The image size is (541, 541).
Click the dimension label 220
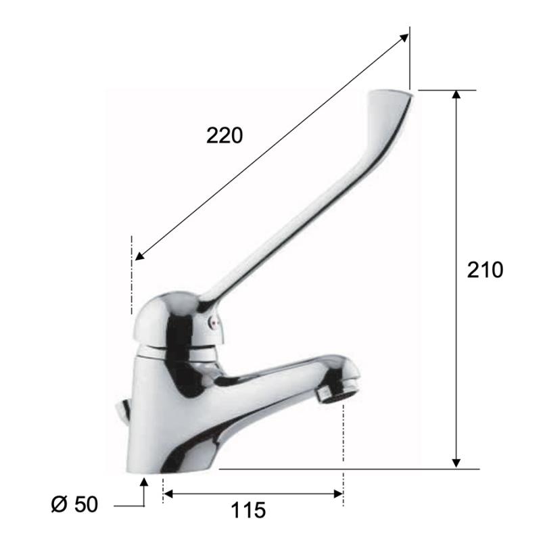[225, 136]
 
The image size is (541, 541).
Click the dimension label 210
[485, 270]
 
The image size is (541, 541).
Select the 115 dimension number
[248, 510]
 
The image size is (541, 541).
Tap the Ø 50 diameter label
[74, 504]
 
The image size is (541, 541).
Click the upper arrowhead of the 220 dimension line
[404, 39]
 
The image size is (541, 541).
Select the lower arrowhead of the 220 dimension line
[140, 256]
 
